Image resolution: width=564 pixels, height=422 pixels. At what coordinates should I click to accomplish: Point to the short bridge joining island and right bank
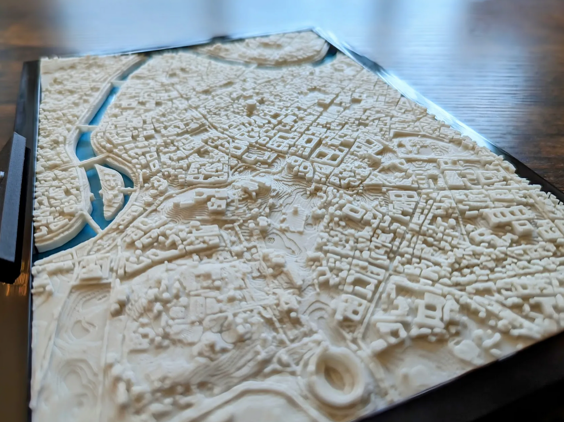tap(127, 191)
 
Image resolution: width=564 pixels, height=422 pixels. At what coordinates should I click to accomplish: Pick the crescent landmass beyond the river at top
tap(269, 51)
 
